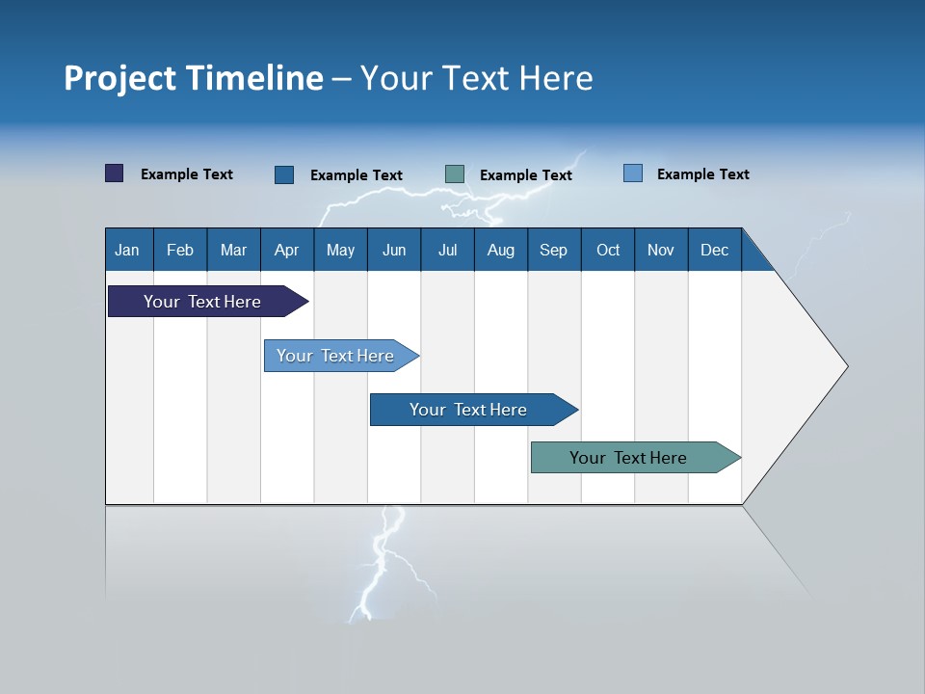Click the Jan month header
point(127,250)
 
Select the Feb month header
point(180,250)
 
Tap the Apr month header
point(286,250)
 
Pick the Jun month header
point(394,250)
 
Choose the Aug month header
point(500,250)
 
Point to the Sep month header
point(553,250)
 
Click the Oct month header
point(608,250)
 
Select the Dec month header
point(714,250)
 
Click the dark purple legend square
point(115,173)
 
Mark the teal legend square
point(455,174)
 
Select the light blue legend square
point(633,173)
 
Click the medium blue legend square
point(284,174)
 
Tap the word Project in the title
point(119,78)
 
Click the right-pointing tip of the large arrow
point(843,366)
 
